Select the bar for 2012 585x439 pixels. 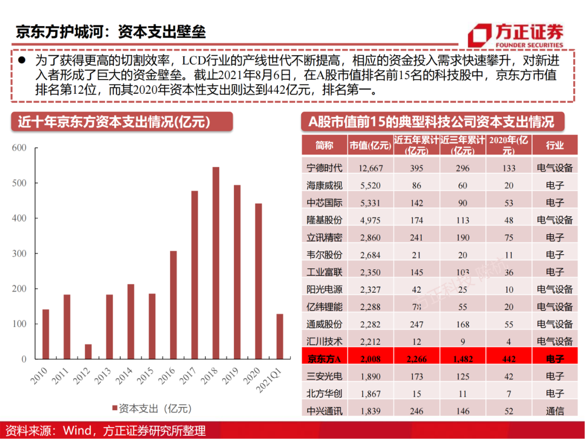[88, 352]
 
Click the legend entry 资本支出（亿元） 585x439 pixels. [151, 408]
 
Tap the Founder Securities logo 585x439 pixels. [515, 36]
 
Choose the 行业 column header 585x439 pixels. [555, 145]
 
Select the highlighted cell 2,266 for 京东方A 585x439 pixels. [416, 359]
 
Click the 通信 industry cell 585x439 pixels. [555, 411]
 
